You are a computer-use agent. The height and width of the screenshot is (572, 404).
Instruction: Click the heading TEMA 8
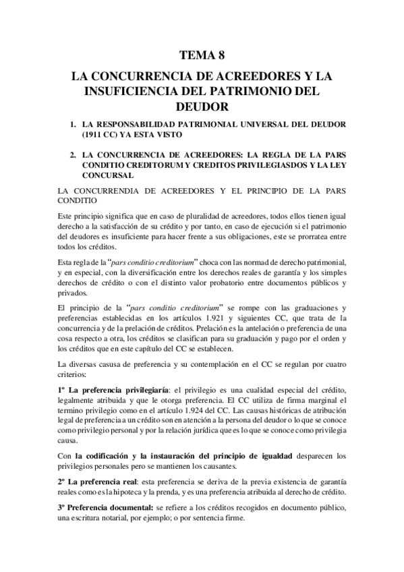[x=202, y=56]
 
